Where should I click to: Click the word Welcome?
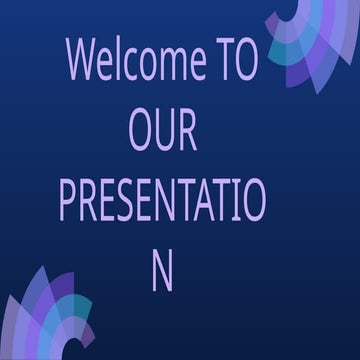point(137,61)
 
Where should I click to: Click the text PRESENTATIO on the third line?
point(162,202)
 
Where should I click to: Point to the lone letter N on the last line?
point(162,272)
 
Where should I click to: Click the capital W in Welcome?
point(82,61)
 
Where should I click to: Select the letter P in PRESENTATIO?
point(68,202)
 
